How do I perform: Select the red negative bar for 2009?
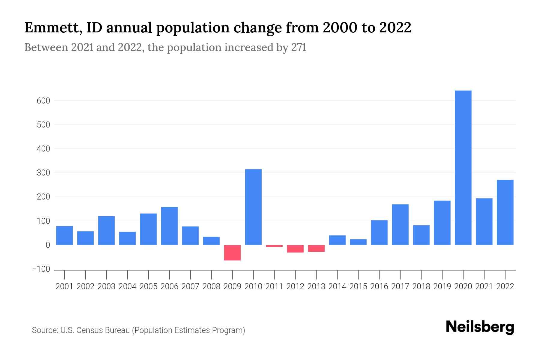232,253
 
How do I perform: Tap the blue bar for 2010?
253,207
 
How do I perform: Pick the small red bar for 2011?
274,246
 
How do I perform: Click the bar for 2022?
505,212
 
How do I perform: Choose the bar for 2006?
169,226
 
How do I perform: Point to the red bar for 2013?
316,248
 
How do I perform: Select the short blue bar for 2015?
358,242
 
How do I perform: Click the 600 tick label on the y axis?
43,101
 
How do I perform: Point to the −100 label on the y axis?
41,269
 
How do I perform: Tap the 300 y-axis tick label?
43,173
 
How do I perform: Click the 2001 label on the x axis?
64,286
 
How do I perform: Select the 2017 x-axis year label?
400,286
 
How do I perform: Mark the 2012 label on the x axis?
295,286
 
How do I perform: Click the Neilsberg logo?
480,327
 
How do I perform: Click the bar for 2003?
106,230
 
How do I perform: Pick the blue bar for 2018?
421,235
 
